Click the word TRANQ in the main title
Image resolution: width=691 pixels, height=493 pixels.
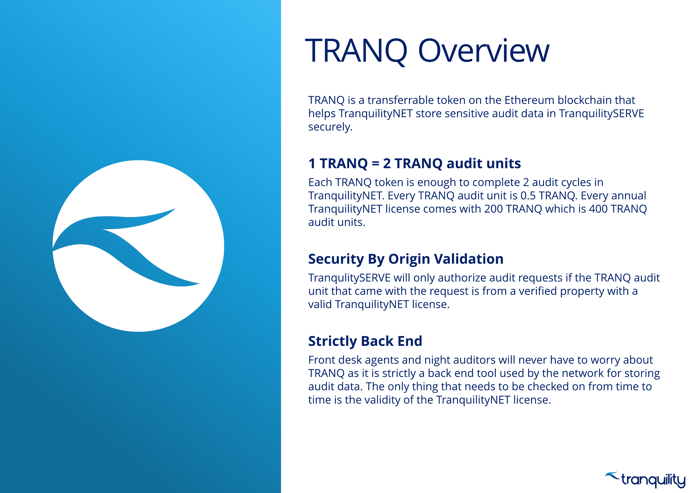(356, 51)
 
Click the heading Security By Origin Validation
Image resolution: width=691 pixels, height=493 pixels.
(406, 259)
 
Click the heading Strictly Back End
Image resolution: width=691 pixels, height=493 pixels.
(365, 341)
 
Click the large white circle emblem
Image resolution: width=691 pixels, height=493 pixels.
(138, 246)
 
